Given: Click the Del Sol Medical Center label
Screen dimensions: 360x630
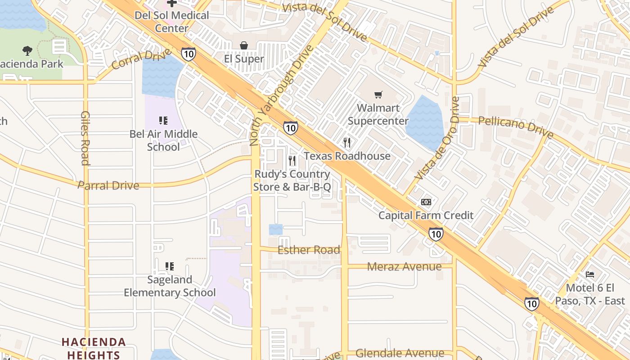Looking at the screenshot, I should point(172,22).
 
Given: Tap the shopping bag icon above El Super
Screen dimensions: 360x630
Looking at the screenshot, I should point(244,45).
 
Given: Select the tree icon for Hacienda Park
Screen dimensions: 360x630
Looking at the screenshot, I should point(27,50).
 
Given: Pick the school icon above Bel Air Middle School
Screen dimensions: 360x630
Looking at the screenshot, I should point(163,120).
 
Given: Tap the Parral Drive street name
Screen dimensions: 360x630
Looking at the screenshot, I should point(108,185).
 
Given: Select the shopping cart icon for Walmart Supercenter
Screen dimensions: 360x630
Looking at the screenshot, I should point(378,94).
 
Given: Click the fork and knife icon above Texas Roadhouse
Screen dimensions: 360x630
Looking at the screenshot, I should point(346,143).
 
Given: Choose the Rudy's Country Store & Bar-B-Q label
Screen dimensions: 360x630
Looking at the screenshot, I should point(292,180).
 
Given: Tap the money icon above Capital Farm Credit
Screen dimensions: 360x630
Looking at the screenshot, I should point(426,202).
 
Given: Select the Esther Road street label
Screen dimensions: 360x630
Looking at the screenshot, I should point(309,250).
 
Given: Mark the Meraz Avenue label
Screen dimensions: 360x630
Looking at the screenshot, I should point(404,266).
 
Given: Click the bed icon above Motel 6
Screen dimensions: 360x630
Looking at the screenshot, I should point(590,274).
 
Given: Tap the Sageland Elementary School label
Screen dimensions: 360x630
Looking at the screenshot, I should point(170,286).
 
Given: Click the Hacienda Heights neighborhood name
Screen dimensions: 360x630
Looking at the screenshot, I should point(94,348).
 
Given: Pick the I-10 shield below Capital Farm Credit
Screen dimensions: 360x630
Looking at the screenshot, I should point(436,234).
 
